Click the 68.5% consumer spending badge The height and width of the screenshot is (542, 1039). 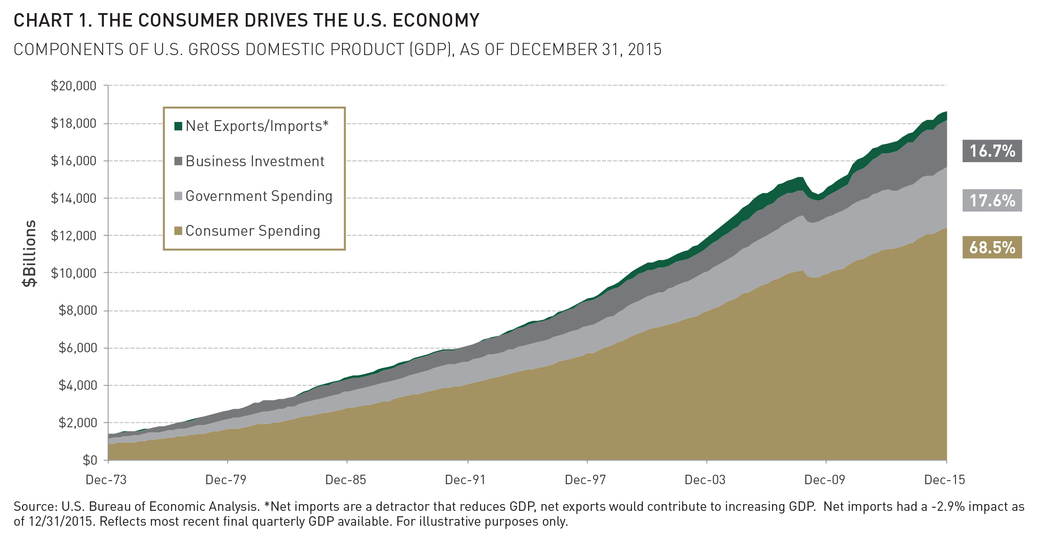[x=992, y=248]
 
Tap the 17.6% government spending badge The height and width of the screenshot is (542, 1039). [x=992, y=201]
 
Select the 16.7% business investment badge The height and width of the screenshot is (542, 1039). [x=992, y=151]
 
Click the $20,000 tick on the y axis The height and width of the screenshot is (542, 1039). [x=74, y=86]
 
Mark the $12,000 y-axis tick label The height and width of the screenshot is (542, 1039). [x=74, y=236]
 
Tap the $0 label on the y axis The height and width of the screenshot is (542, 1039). [x=89, y=460]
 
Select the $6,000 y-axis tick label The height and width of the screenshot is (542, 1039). [x=77, y=348]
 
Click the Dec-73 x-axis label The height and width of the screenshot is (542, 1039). [x=106, y=480]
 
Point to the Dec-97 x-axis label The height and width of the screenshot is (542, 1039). [x=585, y=480]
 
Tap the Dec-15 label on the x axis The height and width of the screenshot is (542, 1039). [x=944, y=480]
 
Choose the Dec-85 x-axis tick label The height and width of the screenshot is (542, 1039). [x=346, y=480]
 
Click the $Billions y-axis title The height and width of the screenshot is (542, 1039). [x=30, y=253]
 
